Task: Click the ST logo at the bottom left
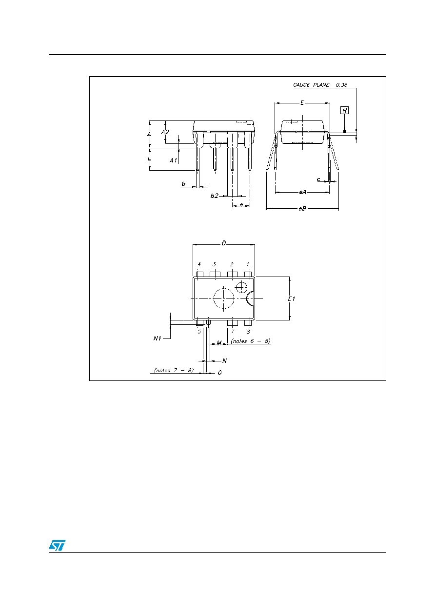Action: click(x=57, y=545)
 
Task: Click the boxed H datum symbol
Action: click(x=344, y=110)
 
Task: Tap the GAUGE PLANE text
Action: click(x=311, y=85)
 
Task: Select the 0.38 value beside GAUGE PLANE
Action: click(x=342, y=85)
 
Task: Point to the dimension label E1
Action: click(x=291, y=298)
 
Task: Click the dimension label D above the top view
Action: click(x=224, y=243)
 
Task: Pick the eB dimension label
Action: click(x=302, y=208)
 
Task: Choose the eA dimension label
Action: click(x=302, y=192)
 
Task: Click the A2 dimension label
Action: click(x=165, y=132)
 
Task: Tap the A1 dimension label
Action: click(x=173, y=160)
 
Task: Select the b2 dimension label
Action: click(x=214, y=196)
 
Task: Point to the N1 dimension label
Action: click(x=157, y=338)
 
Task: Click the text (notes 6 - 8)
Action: click(x=251, y=341)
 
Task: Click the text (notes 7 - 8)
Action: click(x=174, y=370)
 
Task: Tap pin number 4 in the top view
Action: click(x=199, y=264)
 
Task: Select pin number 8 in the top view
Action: click(x=248, y=332)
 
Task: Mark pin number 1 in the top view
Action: click(x=248, y=264)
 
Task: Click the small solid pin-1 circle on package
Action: click(x=241, y=287)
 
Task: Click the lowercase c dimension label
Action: click(x=318, y=179)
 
